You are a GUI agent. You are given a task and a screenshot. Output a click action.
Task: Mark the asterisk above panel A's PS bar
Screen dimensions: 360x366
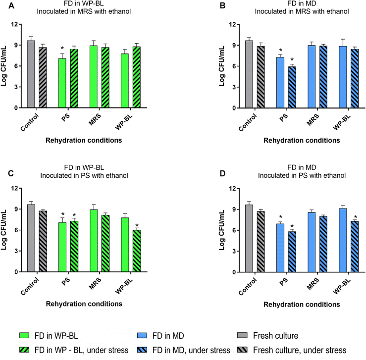(62, 50)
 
